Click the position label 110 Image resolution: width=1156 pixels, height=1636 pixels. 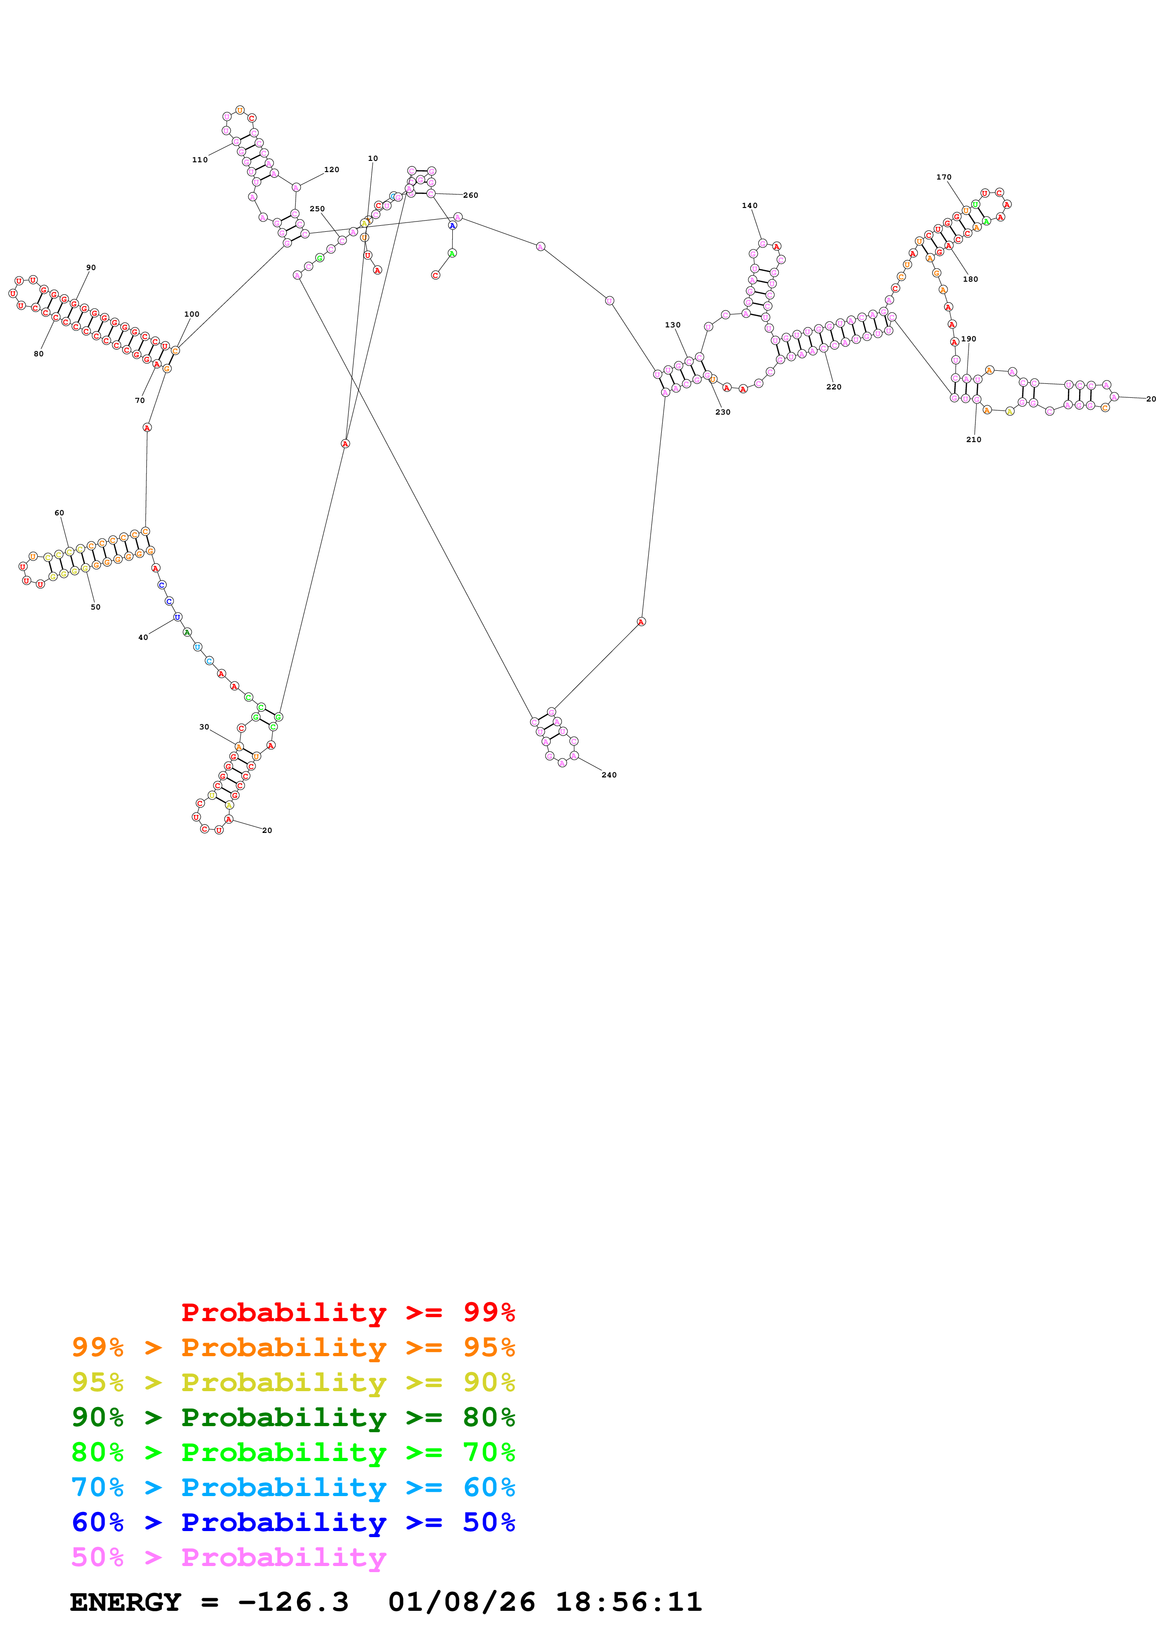coord(200,159)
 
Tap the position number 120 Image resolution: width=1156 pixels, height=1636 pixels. coord(331,170)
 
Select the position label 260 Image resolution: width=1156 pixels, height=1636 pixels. coord(470,195)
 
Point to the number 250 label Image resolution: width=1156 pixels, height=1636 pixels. coord(317,209)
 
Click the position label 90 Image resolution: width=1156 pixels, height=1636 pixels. coord(90,268)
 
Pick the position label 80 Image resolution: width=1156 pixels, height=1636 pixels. coord(38,354)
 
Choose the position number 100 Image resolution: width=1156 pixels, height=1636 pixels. coord(192,314)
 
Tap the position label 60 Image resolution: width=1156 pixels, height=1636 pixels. coord(59,513)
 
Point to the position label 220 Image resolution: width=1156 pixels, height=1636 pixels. coord(833,387)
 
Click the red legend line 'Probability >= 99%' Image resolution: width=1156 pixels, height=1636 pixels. coord(347,1312)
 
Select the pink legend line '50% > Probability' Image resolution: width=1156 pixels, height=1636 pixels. coord(228,1557)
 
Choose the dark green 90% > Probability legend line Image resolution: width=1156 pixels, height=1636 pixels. coord(293,1417)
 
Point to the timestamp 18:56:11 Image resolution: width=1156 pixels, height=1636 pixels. coord(628,1602)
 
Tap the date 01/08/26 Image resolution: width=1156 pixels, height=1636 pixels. coord(462,1602)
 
